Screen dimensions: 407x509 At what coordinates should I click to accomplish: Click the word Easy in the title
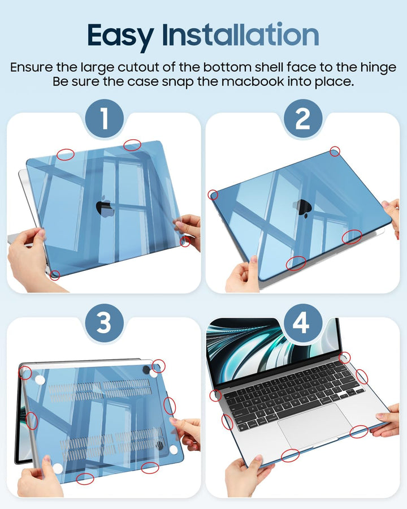coord(120,36)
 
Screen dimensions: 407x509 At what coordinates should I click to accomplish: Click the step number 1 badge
coord(104,119)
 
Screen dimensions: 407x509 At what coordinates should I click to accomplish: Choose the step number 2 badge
coord(303,119)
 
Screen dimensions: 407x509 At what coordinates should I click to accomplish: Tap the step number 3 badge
coord(104,323)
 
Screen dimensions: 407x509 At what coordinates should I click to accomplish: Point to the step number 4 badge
coord(303,323)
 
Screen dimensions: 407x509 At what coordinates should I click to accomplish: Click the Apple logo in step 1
coord(105,206)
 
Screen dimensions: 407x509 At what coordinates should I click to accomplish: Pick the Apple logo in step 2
coord(303,208)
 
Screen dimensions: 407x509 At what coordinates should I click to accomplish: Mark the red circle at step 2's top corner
coord(335,151)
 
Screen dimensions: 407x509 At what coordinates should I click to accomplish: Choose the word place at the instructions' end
coord(334,82)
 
